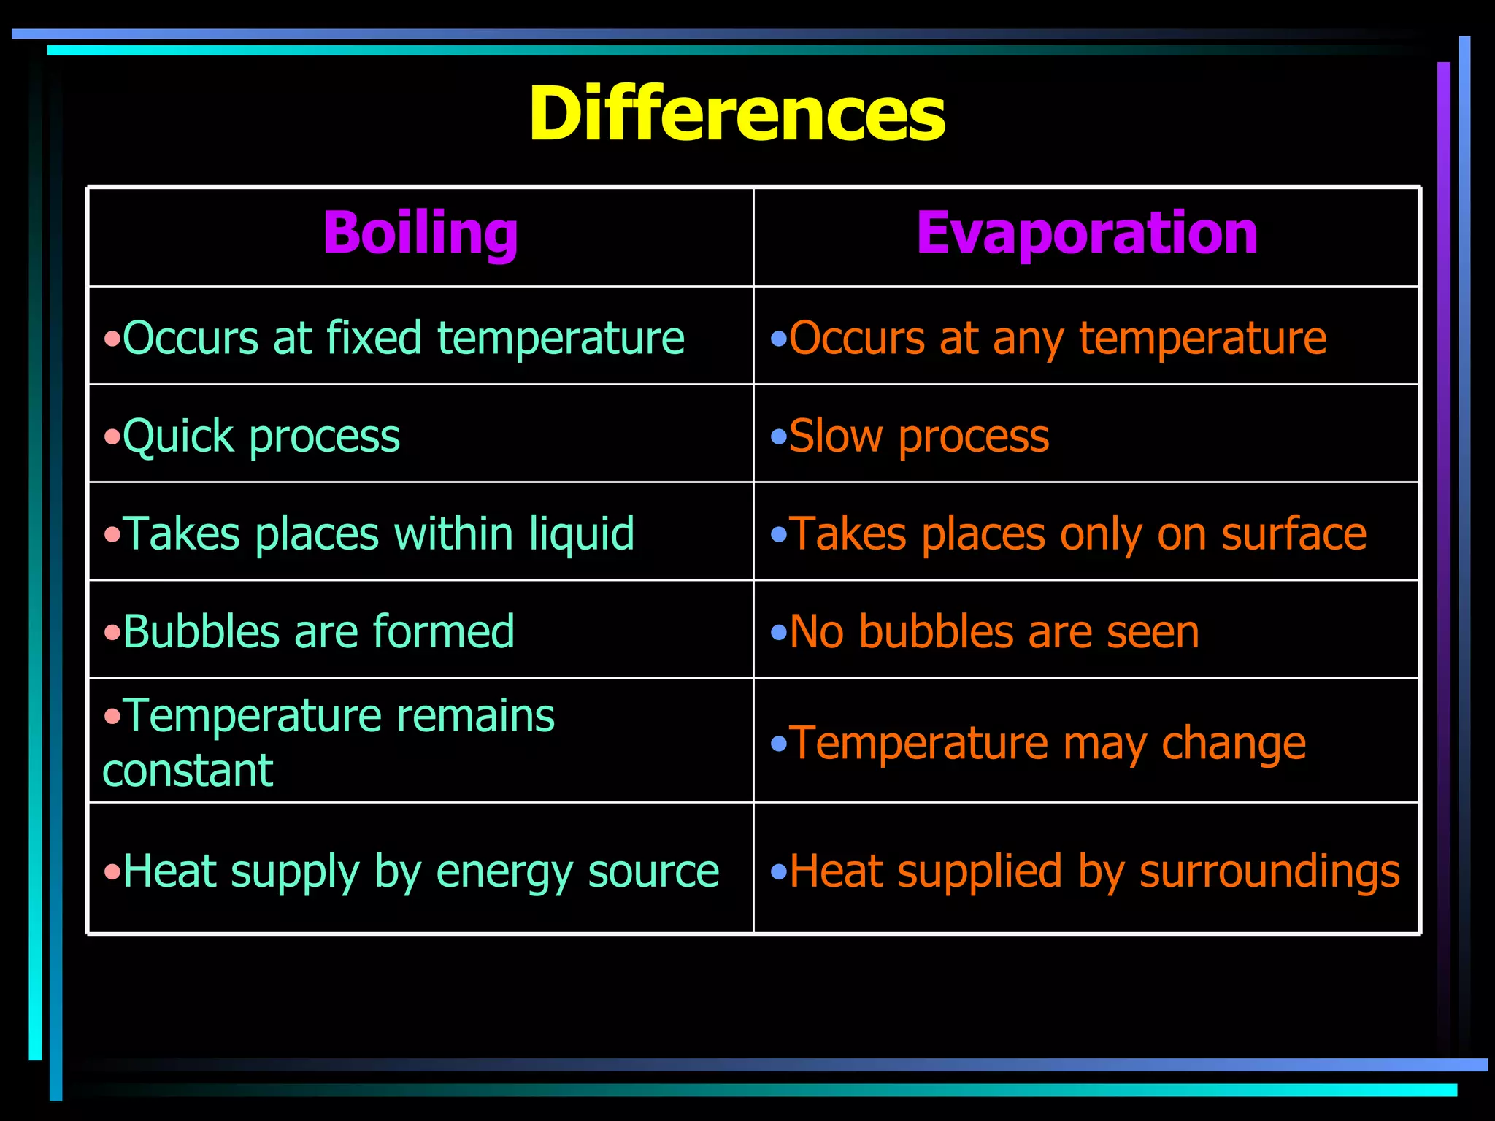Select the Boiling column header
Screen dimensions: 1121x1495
420,233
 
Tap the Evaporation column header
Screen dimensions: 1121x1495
1087,233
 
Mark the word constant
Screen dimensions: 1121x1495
188,771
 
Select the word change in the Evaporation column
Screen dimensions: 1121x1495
1233,744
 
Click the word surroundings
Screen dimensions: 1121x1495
1269,872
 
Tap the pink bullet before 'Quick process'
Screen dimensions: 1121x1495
112,438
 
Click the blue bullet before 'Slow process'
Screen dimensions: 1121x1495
779,438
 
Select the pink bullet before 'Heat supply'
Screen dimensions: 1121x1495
112,872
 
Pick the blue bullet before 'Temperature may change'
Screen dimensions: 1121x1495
779,744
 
